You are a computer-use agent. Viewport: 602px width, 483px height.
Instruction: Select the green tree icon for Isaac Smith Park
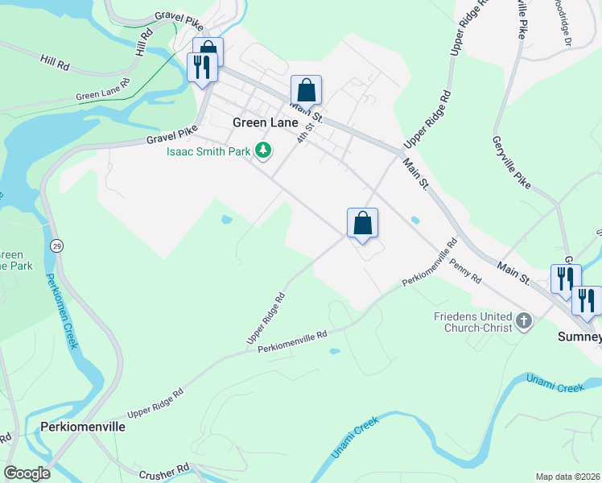click(x=262, y=150)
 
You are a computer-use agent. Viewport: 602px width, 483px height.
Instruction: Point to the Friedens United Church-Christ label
click(x=473, y=323)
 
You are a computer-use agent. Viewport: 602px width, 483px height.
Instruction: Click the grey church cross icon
click(x=524, y=323)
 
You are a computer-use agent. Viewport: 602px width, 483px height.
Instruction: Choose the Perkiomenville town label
click(x=84, y=427)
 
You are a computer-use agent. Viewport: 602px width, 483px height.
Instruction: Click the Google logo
click(x=27, y=473)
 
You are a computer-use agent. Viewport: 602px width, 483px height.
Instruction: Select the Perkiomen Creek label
click(x=61, y=311)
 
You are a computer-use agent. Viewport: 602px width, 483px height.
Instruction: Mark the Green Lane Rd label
click(x=103, y=90)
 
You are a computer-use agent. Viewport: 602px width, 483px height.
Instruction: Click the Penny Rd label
click(x=465, y=272)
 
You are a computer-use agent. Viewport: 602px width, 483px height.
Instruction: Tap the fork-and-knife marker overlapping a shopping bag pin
click(x=200, y=67)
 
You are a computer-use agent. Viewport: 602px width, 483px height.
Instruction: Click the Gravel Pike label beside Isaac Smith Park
click(x=171, y=135)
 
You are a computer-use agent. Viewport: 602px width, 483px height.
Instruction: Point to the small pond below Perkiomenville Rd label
click(x=333, y=351)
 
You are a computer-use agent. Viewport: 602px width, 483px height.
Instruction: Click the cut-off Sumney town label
click(x=579, y=337)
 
